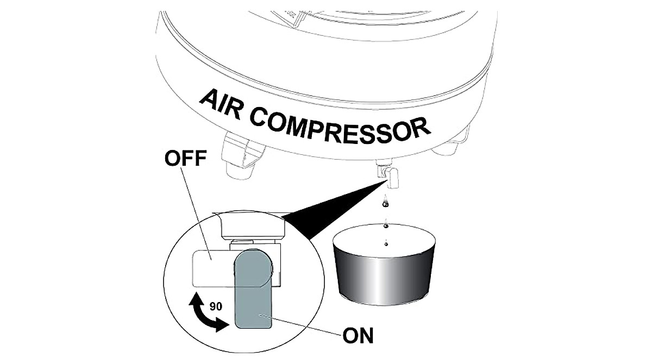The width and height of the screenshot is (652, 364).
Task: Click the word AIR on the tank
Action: pos(220,105)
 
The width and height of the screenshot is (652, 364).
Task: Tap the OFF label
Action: pos(185,158)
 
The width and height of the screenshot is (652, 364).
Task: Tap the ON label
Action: pos(358,336)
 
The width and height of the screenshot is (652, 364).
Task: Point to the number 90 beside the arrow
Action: pos(216,306)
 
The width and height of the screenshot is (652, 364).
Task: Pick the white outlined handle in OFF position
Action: pos(214,268)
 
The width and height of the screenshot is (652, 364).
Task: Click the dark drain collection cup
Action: pos(384,265)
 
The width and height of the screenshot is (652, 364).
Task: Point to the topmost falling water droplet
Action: pos(385,202)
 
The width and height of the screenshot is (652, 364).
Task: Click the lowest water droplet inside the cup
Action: pos(386,243)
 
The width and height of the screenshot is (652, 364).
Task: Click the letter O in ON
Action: pos(350,336)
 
